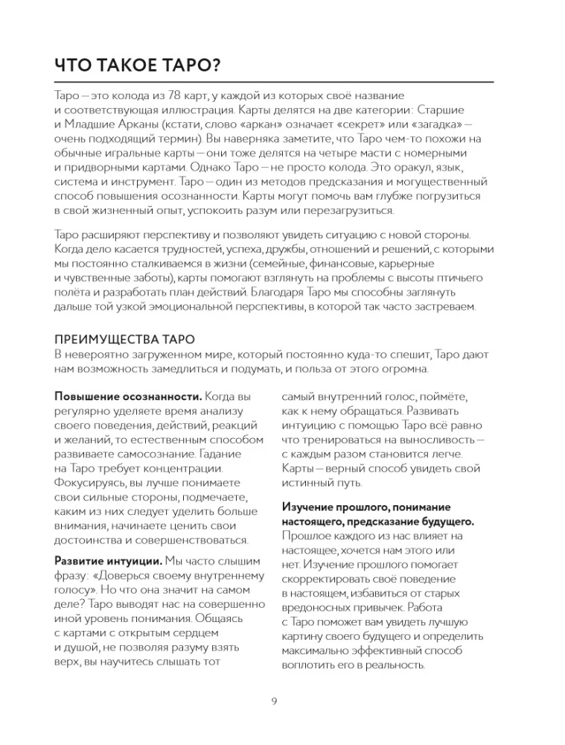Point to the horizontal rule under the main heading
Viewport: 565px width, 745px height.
tap(275, 81)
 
